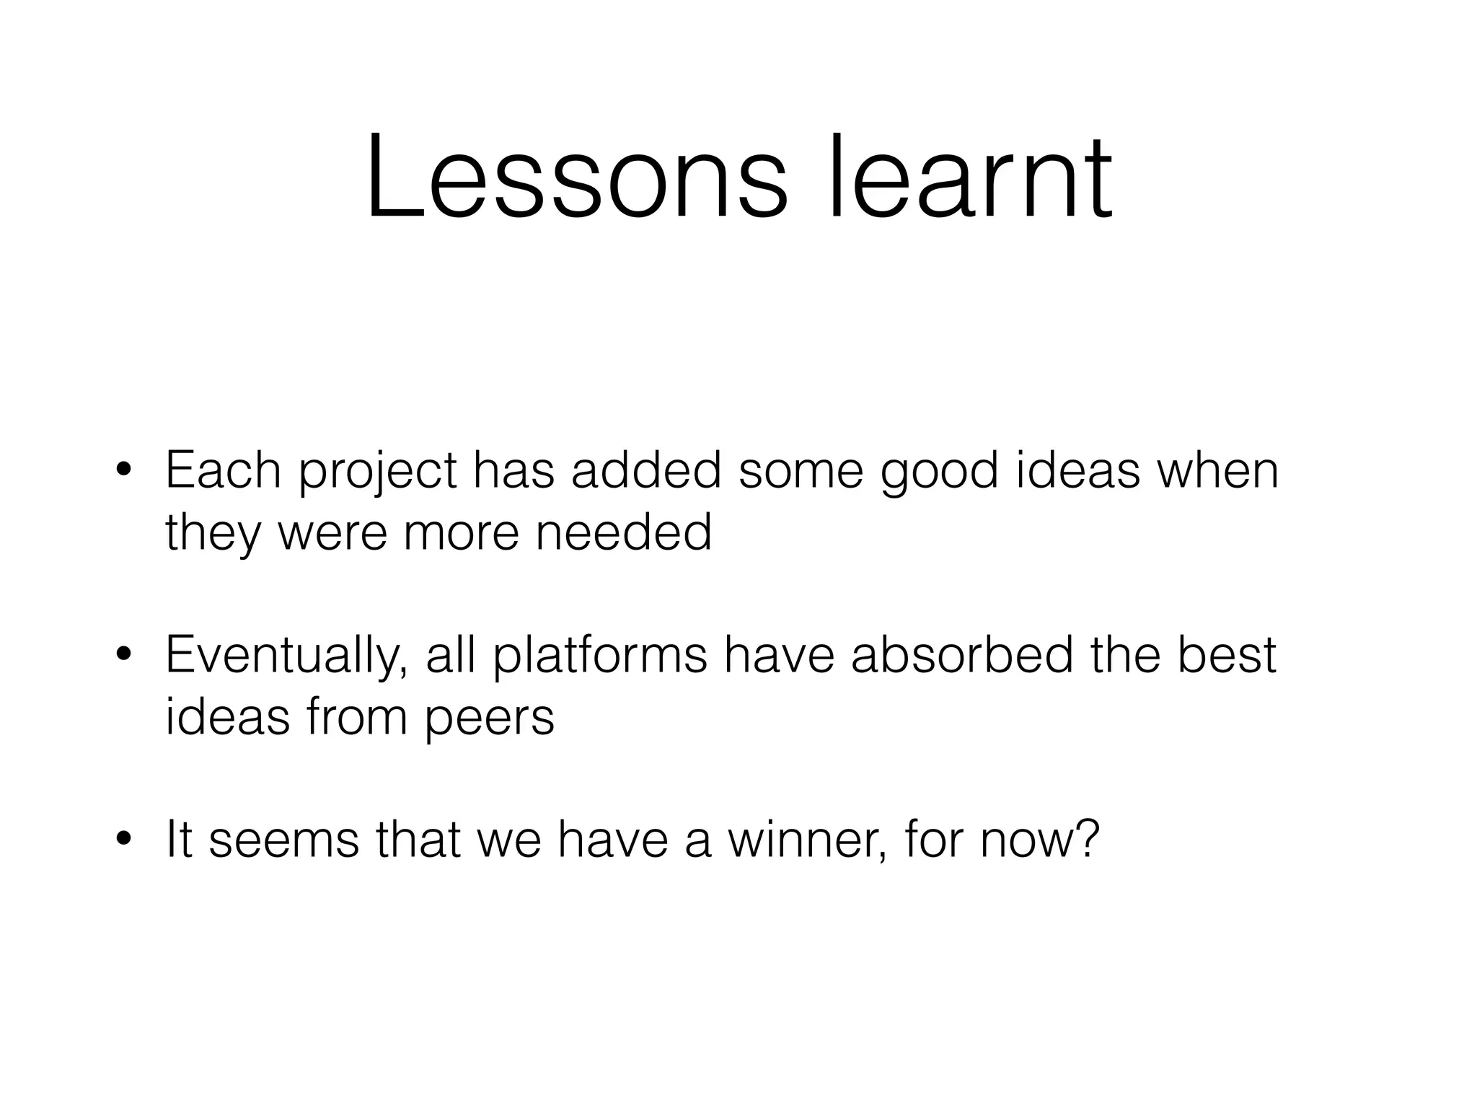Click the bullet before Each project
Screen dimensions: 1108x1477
pos(123,470)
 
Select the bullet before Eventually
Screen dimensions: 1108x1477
pos(123,656)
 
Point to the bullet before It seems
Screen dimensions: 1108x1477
pos(123,840)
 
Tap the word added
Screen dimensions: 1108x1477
pos(646,470)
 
